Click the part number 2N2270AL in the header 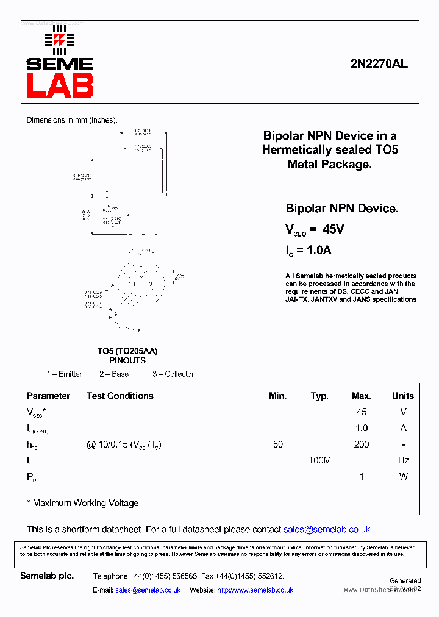coord(379,63)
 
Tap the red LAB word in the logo coord(60,85)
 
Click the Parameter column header coord(48,396)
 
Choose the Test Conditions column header coord(120,396)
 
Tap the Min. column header coord(277,396)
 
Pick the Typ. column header coord(319,396)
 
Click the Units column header coord(402,396)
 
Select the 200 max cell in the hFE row coord(362,444)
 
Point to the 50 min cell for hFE coord(278,444)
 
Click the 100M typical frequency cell coord(319,460)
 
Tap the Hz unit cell coord(403,460)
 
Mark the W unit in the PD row coord(403,476)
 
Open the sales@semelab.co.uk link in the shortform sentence coord(327,529)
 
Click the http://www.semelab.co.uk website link coord(255,590)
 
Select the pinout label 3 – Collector coord(173,374)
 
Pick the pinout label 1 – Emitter coord(65,374)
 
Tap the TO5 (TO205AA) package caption coord(127,351)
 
